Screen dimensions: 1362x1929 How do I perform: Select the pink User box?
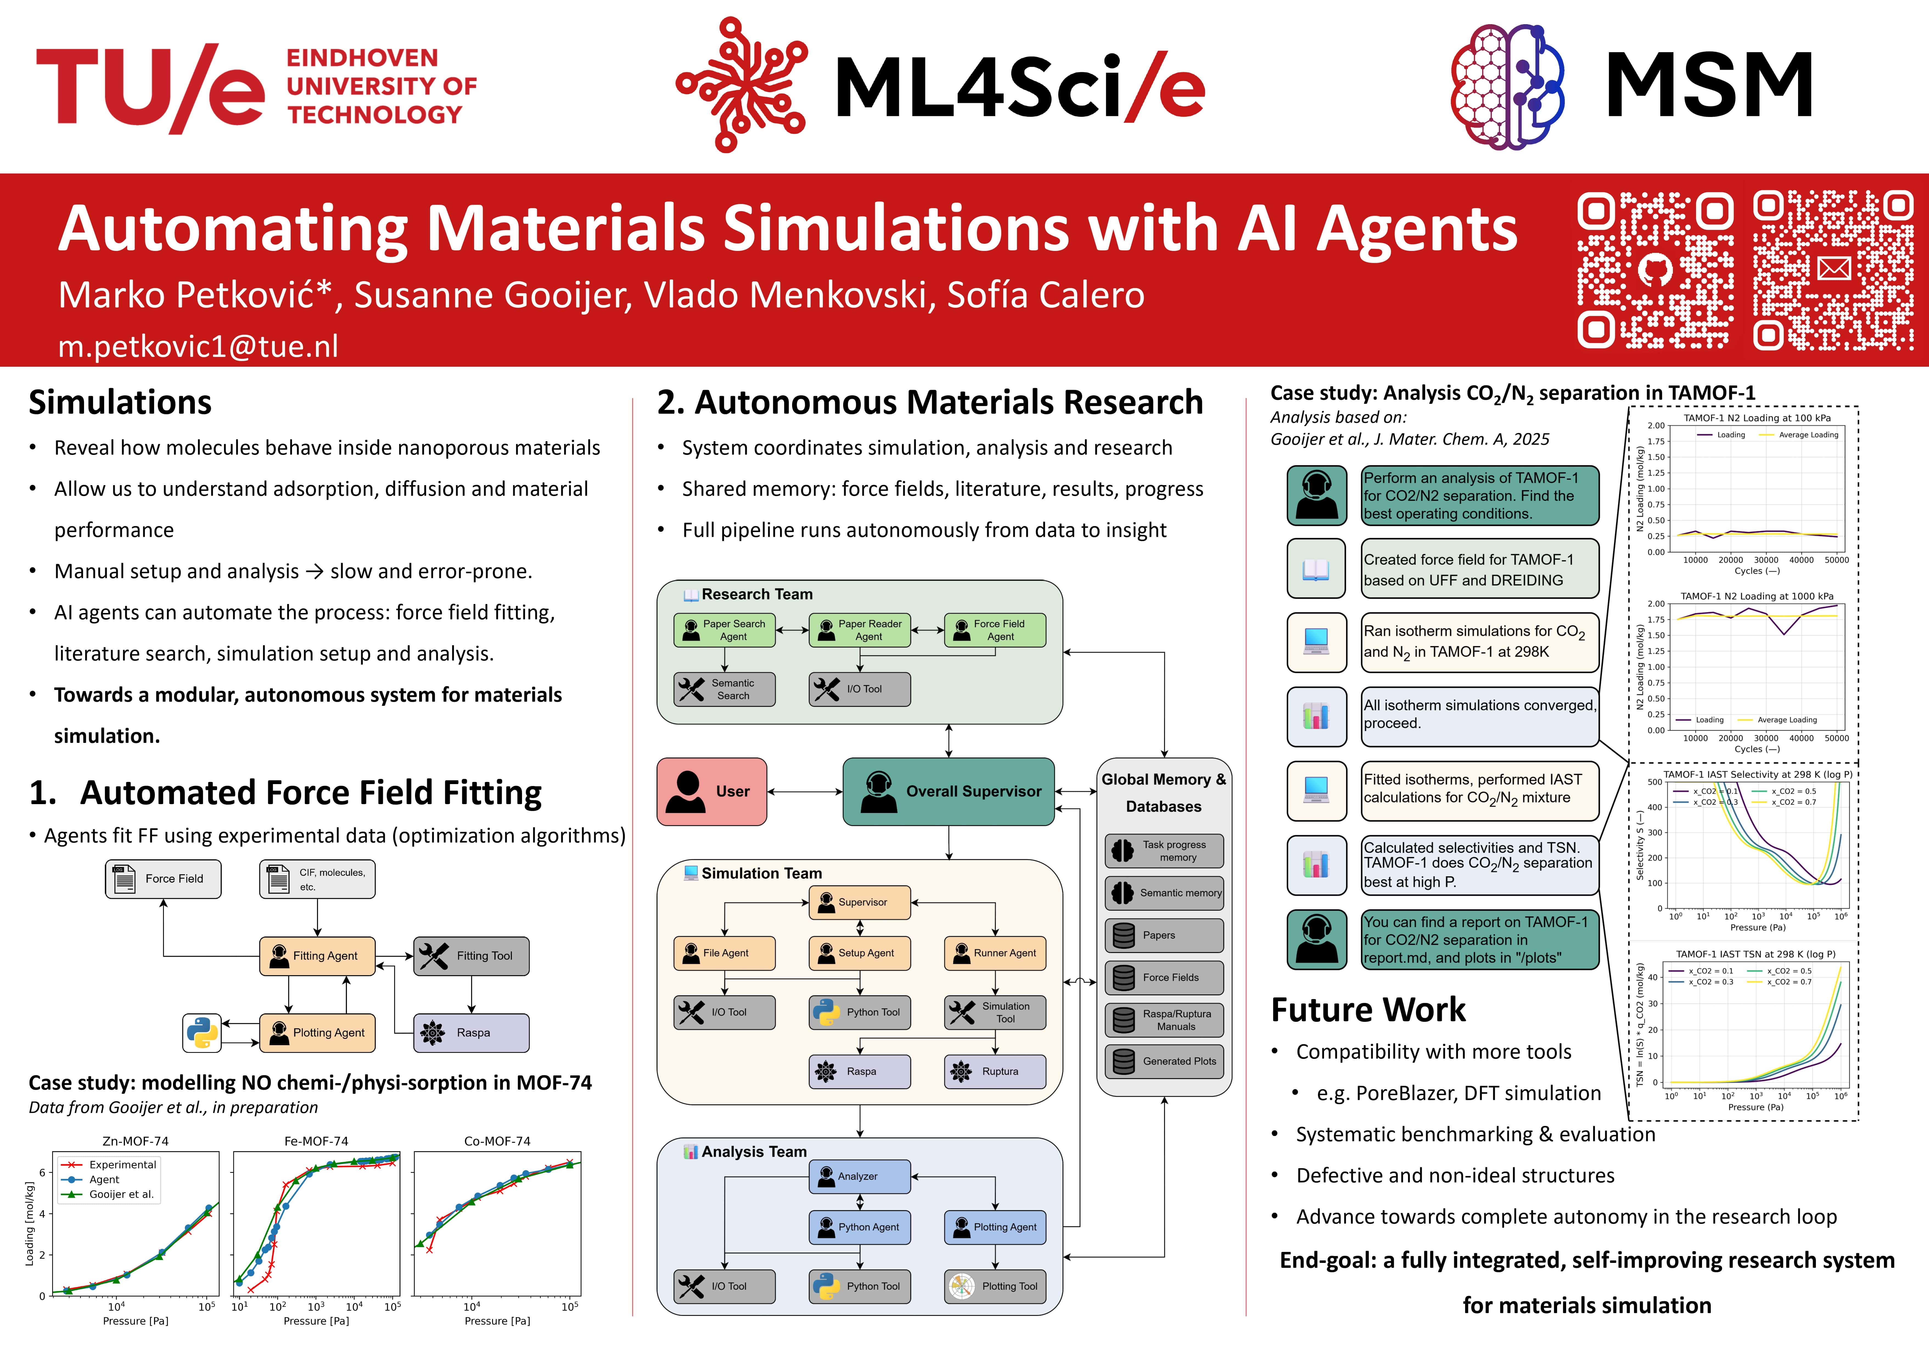[x=712, y=792]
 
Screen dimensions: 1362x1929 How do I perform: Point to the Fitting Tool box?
[x=471, y=956]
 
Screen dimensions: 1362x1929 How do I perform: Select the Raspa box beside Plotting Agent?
[x=471, y=1033]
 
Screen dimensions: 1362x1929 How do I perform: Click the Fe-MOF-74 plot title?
[x=316, y=1141]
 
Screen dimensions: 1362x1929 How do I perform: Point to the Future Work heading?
[x=1368, y=1009]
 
